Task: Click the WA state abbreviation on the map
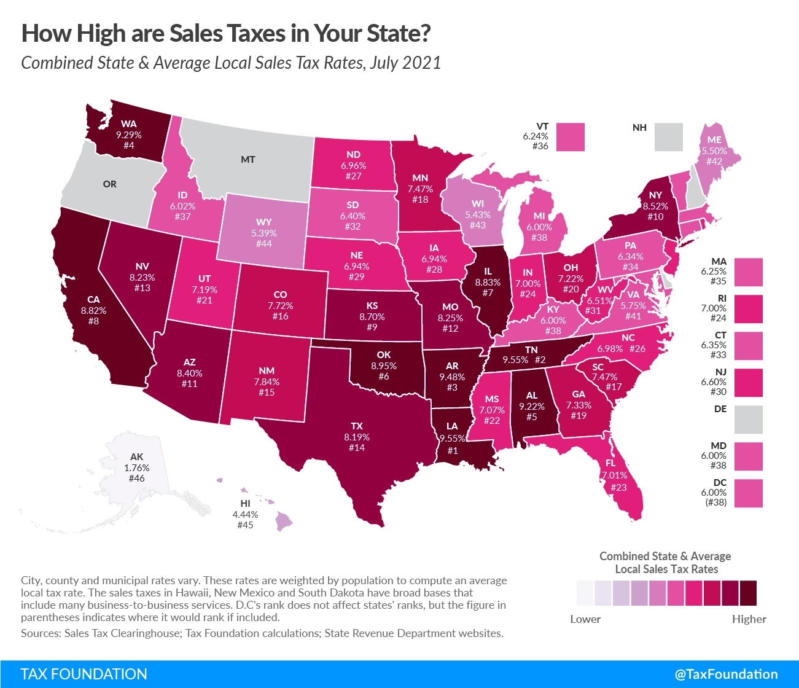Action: click(x=128, y=124)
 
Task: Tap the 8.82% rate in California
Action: click(x=93, y=311)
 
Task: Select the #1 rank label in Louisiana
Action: click(x=453, y=450)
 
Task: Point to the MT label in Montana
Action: click(x=247, y=160)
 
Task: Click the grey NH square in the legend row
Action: click(x=668, y=137)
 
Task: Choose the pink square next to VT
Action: click(x=571, y=137)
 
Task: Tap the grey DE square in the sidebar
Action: click(x=748, y=420)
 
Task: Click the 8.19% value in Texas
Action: click(x=357, y=437)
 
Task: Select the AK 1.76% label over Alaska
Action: click(x=137, y=467)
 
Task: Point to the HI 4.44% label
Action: click(x=245, y=514)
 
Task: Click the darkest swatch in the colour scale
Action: click(x=748, y=593)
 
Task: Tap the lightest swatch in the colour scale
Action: click(x=585, y=593)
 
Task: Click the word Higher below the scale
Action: click(x=749, y=619)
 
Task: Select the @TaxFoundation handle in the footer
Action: click(x=726, y=674)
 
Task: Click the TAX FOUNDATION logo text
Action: click(x=84, y=674)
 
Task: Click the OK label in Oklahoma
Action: click(x=384, y=354)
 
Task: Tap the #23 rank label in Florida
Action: click(x=618, y=487)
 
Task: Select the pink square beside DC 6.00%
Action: click(x=748, y=493)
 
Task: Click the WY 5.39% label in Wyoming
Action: click(x=264, y=233)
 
